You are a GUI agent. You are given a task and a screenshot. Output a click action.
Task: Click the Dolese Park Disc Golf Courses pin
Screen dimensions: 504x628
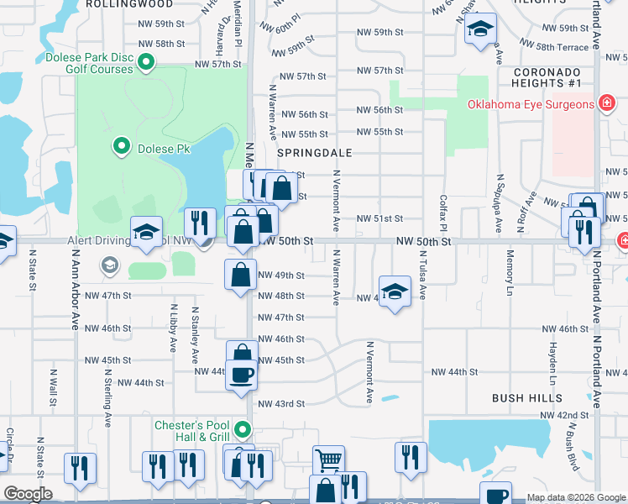[146, 62]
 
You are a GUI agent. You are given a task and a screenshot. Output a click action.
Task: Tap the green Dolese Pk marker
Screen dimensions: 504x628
[122, 147]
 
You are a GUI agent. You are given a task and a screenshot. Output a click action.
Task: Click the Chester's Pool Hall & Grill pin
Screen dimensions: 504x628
[243, 431]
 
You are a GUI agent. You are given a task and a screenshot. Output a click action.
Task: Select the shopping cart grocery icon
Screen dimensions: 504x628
[328, 459]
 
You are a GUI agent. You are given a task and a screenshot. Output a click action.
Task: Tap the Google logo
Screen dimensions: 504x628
[28, 494]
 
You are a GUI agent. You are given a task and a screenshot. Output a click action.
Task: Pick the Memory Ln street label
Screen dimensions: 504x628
[510, 275]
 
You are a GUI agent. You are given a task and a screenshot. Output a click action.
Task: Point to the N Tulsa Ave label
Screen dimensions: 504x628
[423, 280]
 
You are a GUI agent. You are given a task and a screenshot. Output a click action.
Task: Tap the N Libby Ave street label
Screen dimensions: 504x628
[174, 328]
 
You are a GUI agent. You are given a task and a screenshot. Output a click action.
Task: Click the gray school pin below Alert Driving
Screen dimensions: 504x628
[108, 266]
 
